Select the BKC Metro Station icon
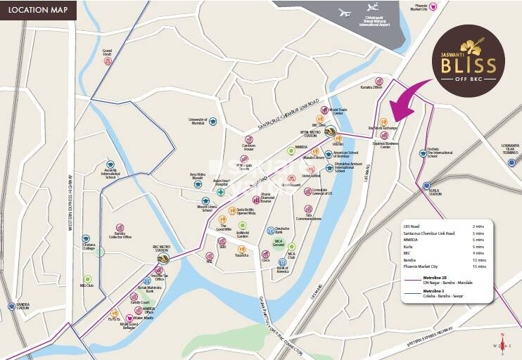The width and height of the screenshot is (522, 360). [x=163, y=258]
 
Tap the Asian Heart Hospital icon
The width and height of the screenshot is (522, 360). [x=221, y=191]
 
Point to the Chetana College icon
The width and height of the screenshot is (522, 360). [x=86, y=239]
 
